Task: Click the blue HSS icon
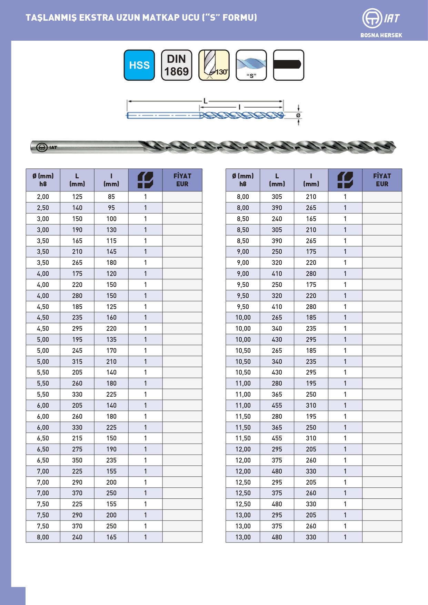(x=139, y=65)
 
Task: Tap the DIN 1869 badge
(x=177, y=65)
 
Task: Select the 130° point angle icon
(x=214, y=65)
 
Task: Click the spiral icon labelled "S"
(x=251, y=65)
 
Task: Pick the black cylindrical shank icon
(x=288, y=65)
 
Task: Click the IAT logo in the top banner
(x=381, y=18)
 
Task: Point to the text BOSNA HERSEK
(x=381, y=35)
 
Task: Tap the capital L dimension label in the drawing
(x=206, y=101)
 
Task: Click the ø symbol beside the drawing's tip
(x=298, y=115)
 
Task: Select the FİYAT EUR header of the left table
(x=182, y=180)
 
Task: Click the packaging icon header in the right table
(x=345, y=180)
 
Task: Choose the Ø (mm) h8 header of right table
(x=243, y=180)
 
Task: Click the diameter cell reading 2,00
(x=43, y=197)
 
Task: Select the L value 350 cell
(x=77, y=460)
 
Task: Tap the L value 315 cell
(x=77, y=361)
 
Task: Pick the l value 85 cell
(x=111, y=197)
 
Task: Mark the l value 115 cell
(x=111, y=241)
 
